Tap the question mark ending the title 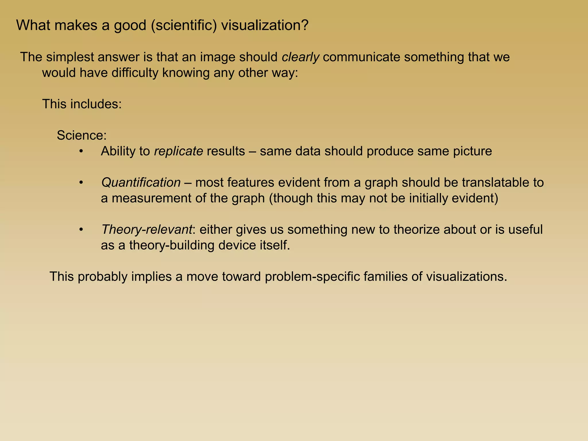coord(304,25)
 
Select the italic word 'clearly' coord(300,57)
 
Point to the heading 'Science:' coord(82,135)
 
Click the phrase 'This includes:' coord(82,104)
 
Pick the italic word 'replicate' coord(179,151)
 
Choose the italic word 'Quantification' coord(141,183)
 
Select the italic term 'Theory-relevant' coord(146,230)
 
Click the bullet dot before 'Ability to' coord(81,151)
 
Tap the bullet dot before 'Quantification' coord(81,183)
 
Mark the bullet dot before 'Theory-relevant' coord(81,230)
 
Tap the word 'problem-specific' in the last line coord(312,277)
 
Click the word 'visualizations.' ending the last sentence coord(467,277)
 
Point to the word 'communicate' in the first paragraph coord(361,57)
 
